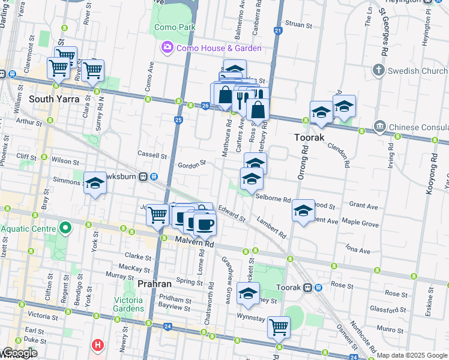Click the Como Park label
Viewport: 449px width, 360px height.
pyautogui.click(x=175, y=27)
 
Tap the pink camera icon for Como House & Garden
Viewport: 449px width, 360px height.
pyautogui.click(x=167, y=47)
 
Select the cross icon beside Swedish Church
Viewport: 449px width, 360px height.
pyautogui.click(x=378, y=71)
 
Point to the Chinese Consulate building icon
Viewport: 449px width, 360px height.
pyautogui.click(x=379, y=127)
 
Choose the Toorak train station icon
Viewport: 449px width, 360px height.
pyautogui.click(x=309, y=287)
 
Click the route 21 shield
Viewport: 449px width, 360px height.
pyautogui.click(x=277, y=30)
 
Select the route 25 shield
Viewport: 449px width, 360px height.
pyautogui.click(x=178, y=121)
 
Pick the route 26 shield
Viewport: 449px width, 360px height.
pyautogui.click(x=205, y=106)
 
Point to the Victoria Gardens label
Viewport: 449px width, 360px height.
pyautogui.click(x=130, y=304)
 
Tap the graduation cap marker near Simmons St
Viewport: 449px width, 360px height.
pyautogui.click(x=95, y=184)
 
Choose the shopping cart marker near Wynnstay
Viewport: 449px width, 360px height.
pyautogui.click(x=279, y=327)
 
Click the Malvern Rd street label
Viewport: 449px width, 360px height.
pyautogui.click(x=194, y=242)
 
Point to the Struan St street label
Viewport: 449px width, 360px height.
pyautogui.click(x=298, y=25)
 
